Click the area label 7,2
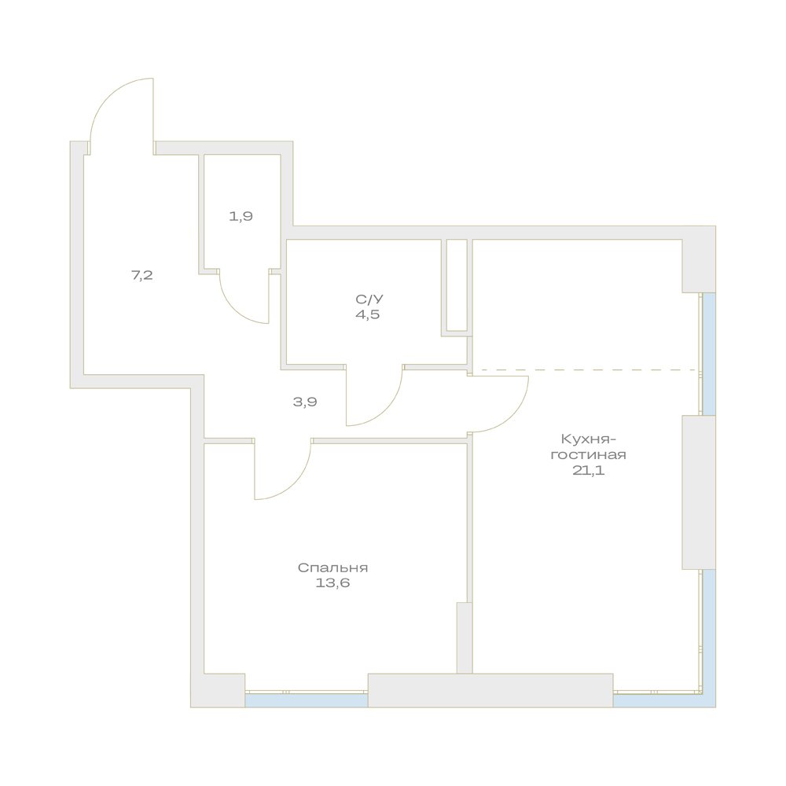141,275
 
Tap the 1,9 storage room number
241,217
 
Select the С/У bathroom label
369,299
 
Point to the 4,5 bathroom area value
367,315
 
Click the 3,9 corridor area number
305,402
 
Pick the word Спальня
332,568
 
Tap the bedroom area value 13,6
332,583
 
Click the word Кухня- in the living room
587,439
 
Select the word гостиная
588,455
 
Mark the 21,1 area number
589,470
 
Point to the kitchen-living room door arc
511,416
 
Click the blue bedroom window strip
307,700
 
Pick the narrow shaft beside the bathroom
457,285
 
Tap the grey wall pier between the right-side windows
698,492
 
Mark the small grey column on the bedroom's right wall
465,637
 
